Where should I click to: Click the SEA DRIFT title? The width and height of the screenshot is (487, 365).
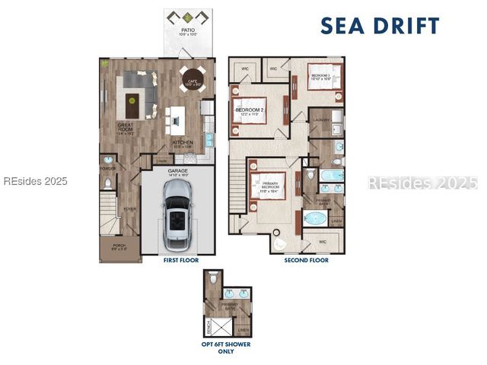(379, 25)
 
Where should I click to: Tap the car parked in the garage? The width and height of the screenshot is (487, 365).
(177, 221)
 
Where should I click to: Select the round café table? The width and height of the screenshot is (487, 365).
(191, 78)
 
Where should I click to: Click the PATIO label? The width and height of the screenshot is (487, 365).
(186, 31)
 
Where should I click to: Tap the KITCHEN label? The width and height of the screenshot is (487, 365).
(183, 142)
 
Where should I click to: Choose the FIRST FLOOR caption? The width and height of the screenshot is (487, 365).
(180, 260)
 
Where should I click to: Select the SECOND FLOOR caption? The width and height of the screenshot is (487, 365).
(306, 260)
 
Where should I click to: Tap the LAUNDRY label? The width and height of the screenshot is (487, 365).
(320, 119)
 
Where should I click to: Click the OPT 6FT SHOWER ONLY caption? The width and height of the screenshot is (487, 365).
(226, 348)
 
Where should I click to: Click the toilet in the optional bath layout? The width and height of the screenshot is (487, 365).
(214, 278)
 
